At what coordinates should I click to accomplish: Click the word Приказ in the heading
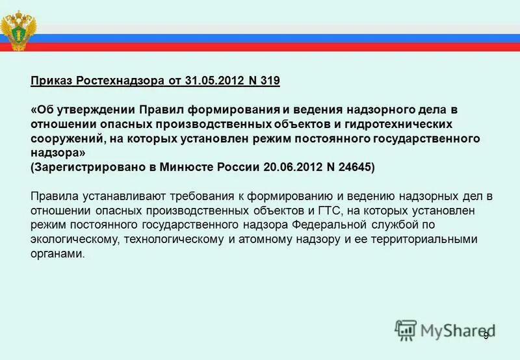point(51,81)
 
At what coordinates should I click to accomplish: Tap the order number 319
point(268,81)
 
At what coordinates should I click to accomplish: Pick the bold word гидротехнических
point(374,124)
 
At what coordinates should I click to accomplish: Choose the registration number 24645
point(352,167)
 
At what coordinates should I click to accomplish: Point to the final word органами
point(57,253)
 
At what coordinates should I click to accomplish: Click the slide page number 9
point(486,335)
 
